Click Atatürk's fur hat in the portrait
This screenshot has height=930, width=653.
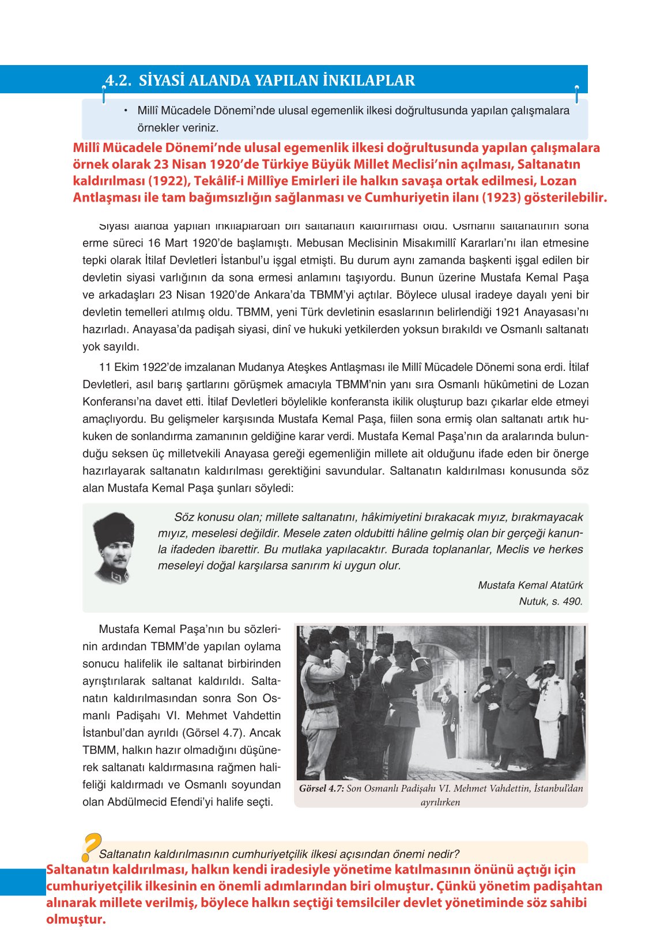click(115, 529)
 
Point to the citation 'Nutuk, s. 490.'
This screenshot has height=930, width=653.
click(550, 601)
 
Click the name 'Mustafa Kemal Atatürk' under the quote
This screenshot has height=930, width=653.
click(530, 585)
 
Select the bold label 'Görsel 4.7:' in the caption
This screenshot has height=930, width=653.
click(321, 789)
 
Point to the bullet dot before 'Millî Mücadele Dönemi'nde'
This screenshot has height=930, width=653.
click(125, 110)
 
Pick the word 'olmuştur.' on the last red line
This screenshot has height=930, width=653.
click(76, 919)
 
